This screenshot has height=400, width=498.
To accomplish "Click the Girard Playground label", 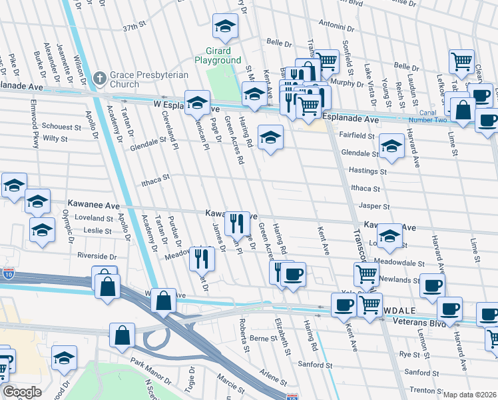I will [218, 55].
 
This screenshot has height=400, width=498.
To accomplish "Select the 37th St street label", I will [133, 27].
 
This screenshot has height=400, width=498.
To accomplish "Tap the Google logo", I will [22, 391].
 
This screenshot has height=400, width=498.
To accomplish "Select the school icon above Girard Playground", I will [225, 27].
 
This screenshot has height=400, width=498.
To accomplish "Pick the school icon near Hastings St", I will [391, 146].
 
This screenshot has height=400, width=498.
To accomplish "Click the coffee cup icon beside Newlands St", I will [431, 286].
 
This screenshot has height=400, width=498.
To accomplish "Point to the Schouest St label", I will [61, 127].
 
